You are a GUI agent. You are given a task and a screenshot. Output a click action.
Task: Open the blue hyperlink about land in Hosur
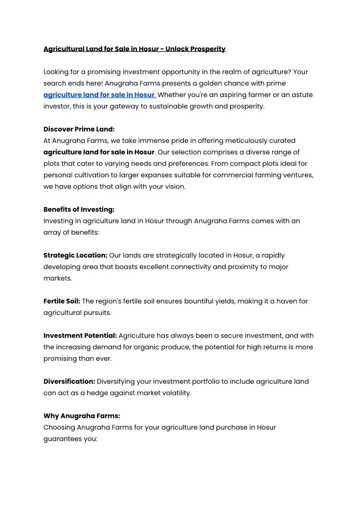click(100, 95)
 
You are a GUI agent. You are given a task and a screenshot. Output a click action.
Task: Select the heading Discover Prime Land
click(79, 129)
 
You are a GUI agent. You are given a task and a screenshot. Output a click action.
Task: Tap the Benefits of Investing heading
click(79, 209)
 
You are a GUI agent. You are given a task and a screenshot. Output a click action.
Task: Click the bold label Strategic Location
click(75, 255)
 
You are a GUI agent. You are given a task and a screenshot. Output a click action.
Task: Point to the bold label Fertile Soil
click(62, 301)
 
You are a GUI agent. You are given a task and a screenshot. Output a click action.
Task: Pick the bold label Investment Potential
click(80, 335)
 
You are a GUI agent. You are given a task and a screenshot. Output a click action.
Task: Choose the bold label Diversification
click(69, 381)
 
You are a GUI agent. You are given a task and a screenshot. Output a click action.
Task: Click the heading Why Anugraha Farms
click(82, 416)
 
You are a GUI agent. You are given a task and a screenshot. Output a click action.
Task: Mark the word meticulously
click(231, 141)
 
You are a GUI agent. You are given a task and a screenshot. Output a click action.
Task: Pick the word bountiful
click(206, 301)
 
